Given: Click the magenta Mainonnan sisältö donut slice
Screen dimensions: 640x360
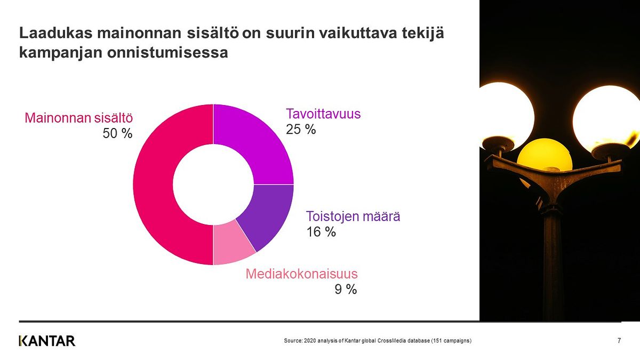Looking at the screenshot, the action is point(153,185).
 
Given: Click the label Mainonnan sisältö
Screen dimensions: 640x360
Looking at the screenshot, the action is point(79,118).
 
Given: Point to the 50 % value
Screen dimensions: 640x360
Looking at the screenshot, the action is point(117,133).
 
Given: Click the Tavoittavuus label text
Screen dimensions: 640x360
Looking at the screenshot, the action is point(323,114).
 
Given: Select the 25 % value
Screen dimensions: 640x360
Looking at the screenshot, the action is point(301,130).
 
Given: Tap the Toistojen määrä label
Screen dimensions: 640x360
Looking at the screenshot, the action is point(353,217).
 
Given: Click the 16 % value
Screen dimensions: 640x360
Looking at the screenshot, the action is point(321,231).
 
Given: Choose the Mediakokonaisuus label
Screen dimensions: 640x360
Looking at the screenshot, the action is point(301,274).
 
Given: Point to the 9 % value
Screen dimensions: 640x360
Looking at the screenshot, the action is point(346,290).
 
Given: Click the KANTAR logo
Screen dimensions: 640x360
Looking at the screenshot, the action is point(47,341).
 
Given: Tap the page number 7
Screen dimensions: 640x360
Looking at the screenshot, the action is point(619,341).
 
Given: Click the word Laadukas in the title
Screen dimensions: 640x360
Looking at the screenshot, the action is point(55,33).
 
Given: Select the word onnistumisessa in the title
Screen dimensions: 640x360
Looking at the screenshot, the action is point(167,53).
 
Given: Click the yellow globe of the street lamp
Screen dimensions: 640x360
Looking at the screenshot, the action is point(545,154).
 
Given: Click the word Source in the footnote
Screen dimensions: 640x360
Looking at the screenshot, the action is point(293,341).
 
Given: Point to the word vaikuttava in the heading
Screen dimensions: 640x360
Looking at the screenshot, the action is point(358,33).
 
